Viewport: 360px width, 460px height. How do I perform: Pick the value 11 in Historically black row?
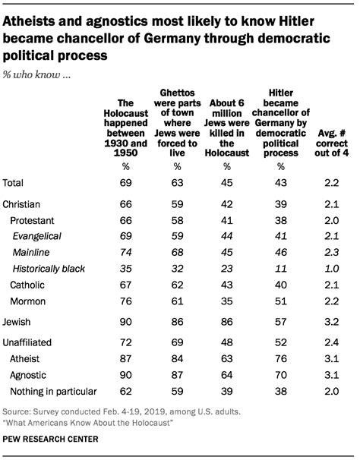pyautogui.click(x=280, y=269)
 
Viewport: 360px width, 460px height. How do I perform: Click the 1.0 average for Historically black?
pyautogui.click(x=332, y=269)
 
